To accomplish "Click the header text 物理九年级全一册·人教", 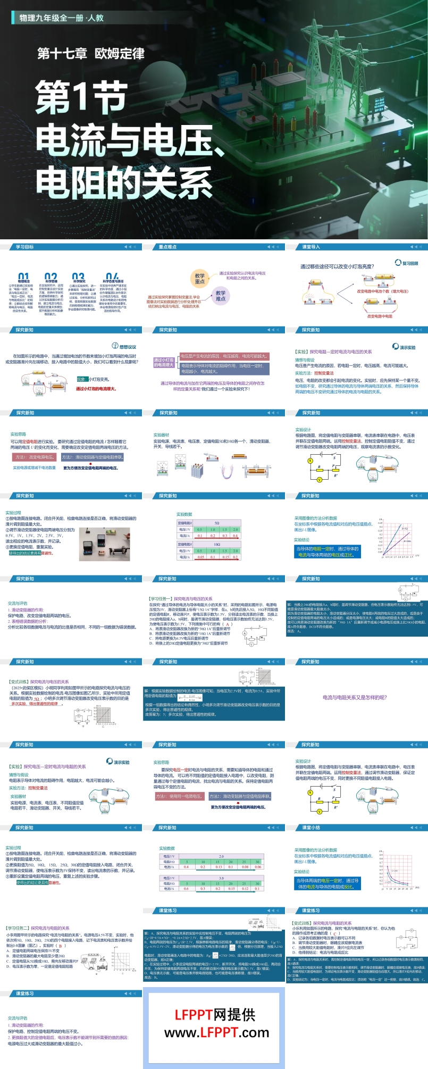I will [61, 18].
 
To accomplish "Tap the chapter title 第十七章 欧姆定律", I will [90, 54].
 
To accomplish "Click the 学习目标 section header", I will [25, 247].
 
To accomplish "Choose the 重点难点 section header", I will [167, 247].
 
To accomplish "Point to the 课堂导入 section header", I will [311, 247].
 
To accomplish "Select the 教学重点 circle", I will [199, 279].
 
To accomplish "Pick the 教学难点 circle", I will [221, 296].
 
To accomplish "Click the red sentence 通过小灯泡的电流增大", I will [96, 389].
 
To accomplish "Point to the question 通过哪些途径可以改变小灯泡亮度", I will [337, 266].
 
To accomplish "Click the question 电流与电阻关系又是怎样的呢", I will [355, 697].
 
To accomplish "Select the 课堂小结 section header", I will [311, 828].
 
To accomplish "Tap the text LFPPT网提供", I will [215, 1015].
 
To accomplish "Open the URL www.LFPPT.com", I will [217, 1033].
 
